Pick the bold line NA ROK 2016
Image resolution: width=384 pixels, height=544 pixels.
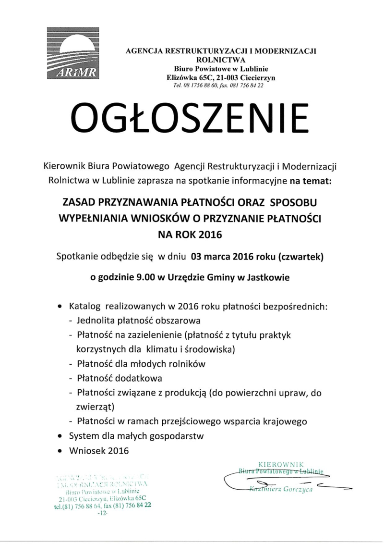pyautogui.click(x=191, y=235)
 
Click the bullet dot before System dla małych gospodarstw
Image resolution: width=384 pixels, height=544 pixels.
pyautogui.click(x=60, y=437)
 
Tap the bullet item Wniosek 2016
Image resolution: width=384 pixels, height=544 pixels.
pyautogui.click(x=99, y=451)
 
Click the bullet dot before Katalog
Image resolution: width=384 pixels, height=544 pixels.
pyautogui.click(x=60, y=306)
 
